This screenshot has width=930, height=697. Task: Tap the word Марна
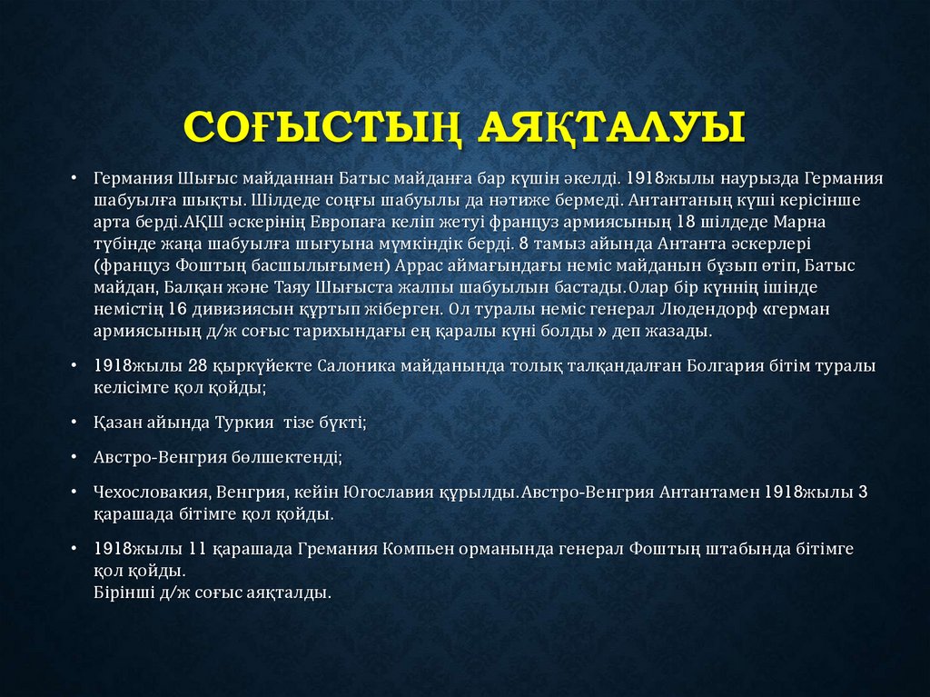click(803, 222)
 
